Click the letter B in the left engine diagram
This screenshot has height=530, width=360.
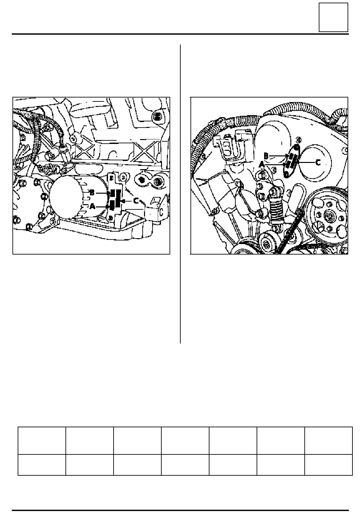pyautogui.click(x=92, y=193)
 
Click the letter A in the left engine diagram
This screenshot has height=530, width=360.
pyautogui.click(x=93, y=206)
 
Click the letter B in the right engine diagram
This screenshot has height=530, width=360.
pyautogui.click(x=266, y=156)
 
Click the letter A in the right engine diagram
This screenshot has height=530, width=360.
pyautogui.click(x=262, y=165)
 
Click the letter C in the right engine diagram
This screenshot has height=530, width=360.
pyautogui.click(x=318, y=163)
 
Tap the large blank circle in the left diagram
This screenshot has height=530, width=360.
pyautogui.click(x=64, y=196)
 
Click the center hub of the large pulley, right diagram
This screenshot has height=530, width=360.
pyautogui.click(x=330, y=216)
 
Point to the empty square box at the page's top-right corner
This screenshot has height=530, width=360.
pyautogui.click(x=333, y=17)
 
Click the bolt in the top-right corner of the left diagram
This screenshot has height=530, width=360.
pyautogui.click(x=157, y=116)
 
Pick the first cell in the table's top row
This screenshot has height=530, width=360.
pyautogui.click(x=42, y=441)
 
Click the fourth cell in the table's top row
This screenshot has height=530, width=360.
pyautogui.click(x=185, y=441)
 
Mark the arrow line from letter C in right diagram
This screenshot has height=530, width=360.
pyautogui.click(x=307, y=163)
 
